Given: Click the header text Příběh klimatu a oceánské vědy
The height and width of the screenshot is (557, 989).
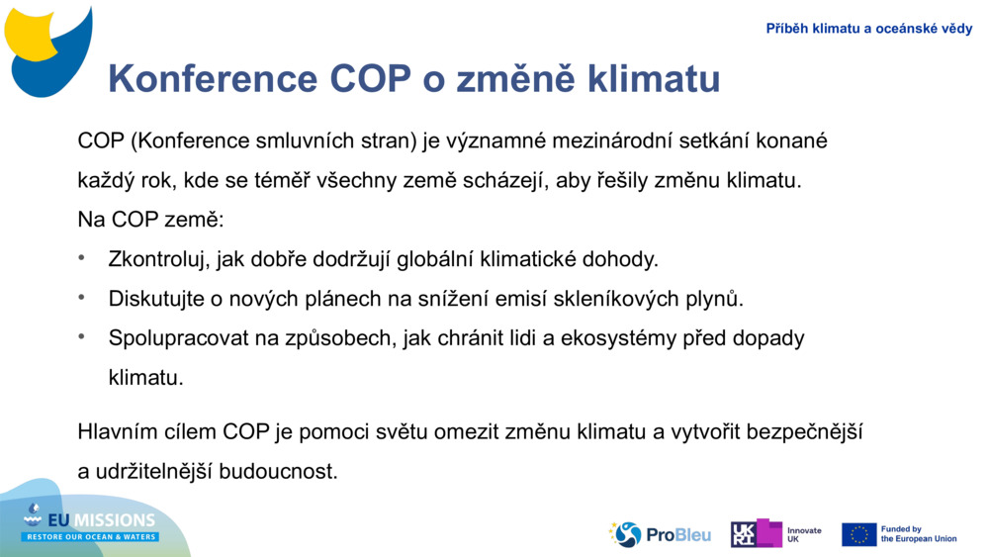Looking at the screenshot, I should coord(868,29).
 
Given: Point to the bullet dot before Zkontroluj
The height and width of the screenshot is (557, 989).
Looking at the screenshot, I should coord(83,259).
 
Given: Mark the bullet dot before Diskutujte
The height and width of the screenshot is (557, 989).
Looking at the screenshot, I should coord(83,298).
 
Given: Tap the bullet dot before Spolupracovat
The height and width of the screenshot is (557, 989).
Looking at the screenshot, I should coord(83,337).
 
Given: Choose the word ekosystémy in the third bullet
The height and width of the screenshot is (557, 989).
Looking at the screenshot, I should coord(615,338).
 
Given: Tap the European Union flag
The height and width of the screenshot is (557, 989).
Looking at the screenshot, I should coord(858,534).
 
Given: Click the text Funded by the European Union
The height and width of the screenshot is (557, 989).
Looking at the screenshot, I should coord(918,534).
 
